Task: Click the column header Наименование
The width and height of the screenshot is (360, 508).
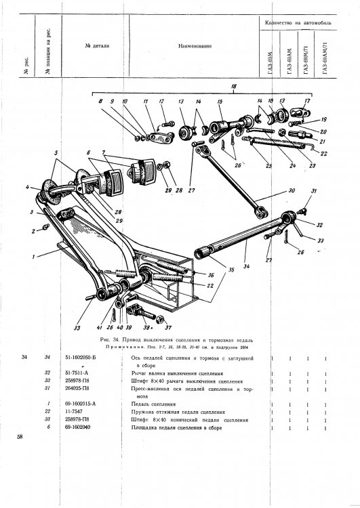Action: point(195,47)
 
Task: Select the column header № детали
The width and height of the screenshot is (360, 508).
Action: point(98,46)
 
